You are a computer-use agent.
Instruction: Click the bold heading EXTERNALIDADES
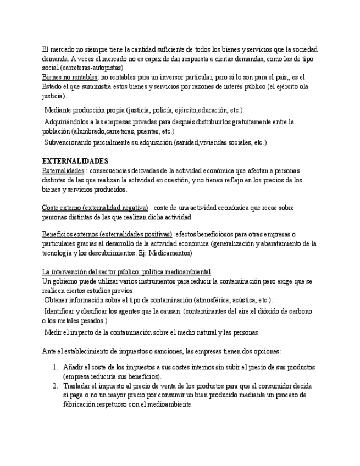point(75,161)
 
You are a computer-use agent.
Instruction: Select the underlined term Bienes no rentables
point(70,77)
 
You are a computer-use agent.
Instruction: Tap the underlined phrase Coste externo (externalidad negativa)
point(95,208)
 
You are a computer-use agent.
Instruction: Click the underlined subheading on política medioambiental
point(126,272)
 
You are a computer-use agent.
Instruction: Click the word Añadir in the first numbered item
point(75,367)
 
